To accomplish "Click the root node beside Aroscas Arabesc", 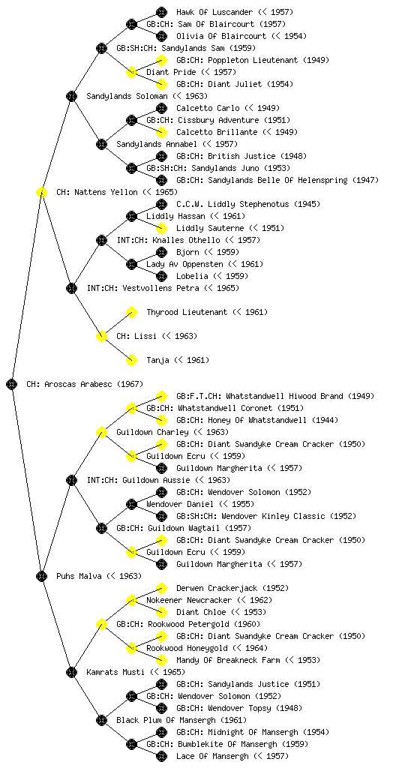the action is pos(12,384).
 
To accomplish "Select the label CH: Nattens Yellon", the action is pos(116,192).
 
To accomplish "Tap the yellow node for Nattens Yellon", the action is pos(41,192).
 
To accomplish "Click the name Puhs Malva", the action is pos(99,576).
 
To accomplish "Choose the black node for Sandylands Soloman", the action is pos(71,96).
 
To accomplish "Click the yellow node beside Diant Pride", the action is pos(131,72).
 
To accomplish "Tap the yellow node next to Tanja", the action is pos(131,360).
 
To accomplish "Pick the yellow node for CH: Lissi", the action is pos(101,336).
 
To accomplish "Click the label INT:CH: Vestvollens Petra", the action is pos(163,288).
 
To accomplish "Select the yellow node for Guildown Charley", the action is pos(101,432).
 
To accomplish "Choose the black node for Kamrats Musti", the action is pos(71,672).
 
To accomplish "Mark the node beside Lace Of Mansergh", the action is pos(161,756).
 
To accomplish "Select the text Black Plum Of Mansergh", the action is pos(181,720).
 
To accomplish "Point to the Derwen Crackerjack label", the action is pos(232,588).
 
